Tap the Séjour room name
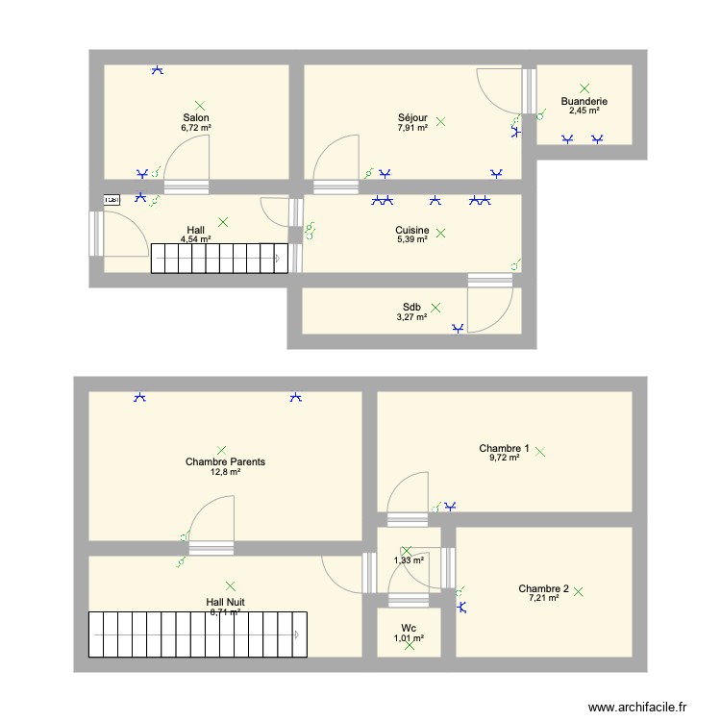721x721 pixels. click(412, 117)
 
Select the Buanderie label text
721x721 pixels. click(584, 101)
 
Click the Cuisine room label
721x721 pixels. click(411, 230)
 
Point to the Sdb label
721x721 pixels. click(411, 307)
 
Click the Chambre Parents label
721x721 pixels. click(225, 461)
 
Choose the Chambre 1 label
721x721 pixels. click(504, 448)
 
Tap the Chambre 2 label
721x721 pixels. click(543, 588)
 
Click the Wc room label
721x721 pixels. click(410, 627)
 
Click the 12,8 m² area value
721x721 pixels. click(226, 472)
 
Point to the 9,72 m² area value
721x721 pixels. click(504, 459)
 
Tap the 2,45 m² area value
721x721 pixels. click(584, 111)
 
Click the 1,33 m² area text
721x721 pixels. click(410, 559)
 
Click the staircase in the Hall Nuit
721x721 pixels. click(198, 634)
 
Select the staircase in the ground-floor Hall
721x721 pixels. click(219, 257)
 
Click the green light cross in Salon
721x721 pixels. click(200, 105)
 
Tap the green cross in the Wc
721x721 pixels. click(410, 646)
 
